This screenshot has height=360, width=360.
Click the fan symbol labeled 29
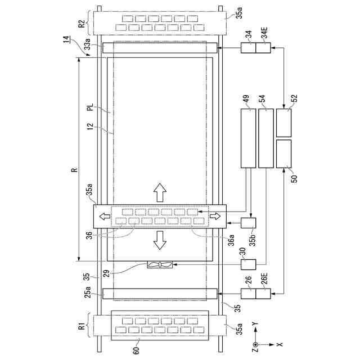tap(160, 265)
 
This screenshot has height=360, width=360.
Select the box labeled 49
tap(248, 138)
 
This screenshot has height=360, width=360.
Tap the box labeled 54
tap(266, 138)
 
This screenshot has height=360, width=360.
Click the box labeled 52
tap(283, 123)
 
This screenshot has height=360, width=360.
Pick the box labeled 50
tap(283, 154)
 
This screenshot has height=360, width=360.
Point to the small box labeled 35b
tap(248, 223)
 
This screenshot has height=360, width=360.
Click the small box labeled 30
tap(248, 264)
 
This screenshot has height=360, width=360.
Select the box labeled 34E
tap(263, 48)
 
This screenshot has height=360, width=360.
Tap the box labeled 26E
tap(263, 294)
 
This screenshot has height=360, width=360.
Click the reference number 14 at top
tap(66, 39)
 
